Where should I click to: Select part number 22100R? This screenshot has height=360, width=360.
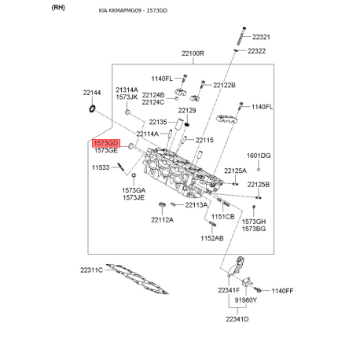coord(193,53)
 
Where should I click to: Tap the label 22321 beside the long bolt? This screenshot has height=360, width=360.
coord(261,37)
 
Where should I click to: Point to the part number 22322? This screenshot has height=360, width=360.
coord(258,51)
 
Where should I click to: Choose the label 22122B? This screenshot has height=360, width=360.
coord(223,85)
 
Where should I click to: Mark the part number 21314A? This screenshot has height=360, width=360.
coord(127,90)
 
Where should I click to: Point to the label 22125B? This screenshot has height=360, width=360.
coord(259,184)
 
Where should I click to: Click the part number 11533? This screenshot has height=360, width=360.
coord(101,167)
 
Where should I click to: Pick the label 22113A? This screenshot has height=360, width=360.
coord(197,205)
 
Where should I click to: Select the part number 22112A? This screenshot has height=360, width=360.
coord(162,219)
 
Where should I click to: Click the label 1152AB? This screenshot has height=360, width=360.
coord(211,237)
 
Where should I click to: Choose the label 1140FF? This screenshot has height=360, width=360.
coord(282,291)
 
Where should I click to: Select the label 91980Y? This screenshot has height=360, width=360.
coord(244,300)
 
